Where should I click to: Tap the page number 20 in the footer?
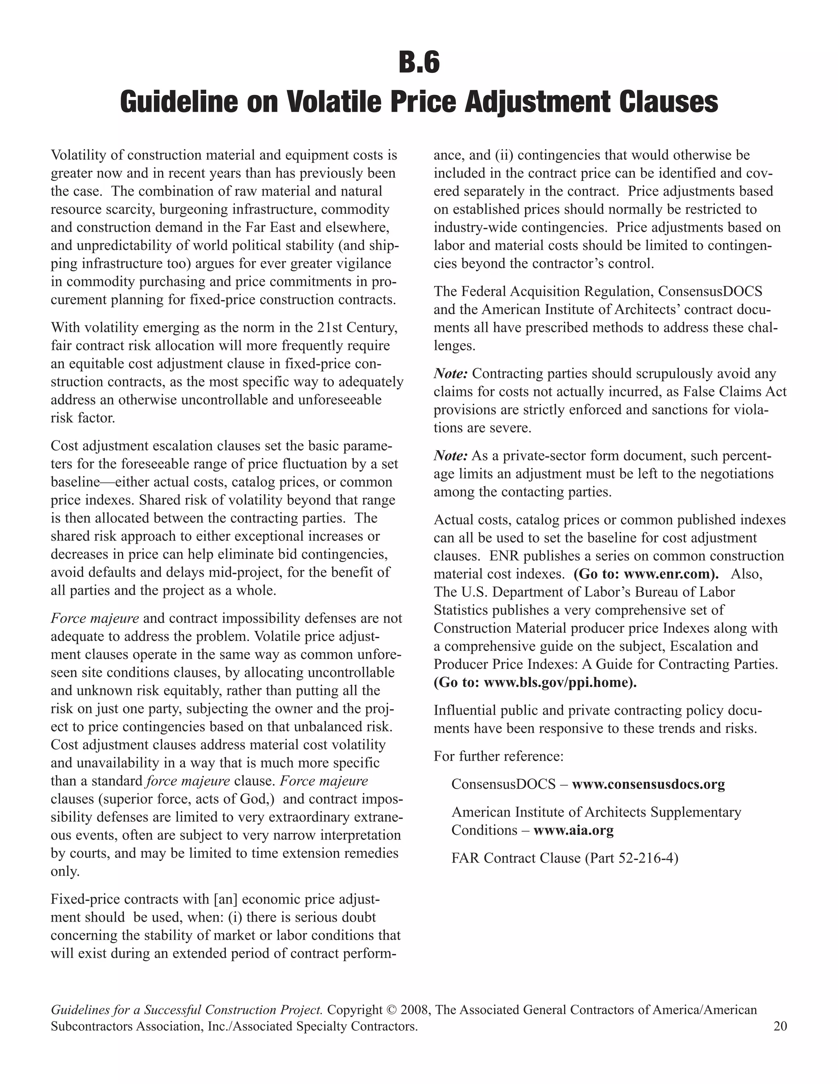point(780,1026)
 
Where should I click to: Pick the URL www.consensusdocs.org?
point(648,785)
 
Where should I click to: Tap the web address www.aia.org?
point(573,830)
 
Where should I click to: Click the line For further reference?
point(498,756)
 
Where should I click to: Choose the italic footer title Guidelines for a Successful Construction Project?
point(187,1010)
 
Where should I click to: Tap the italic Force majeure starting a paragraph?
point(95,618)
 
